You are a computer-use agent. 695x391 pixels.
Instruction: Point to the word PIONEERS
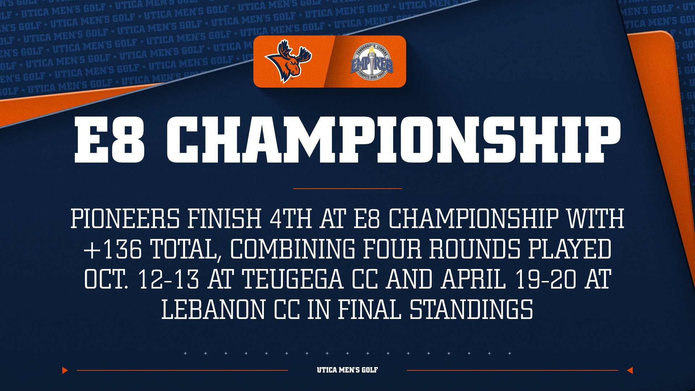pyautogui.click(x=125, y=219)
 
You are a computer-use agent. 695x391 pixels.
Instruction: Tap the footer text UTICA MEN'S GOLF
pyautogui.click(x=347, y=370)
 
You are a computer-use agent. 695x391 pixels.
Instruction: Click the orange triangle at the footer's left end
pyautogui.click(x=65, y=370)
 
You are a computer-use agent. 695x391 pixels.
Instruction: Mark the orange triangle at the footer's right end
pyautogui.click(x=630, y=370)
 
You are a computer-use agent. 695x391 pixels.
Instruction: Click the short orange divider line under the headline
pyautogui.click(x=347, y=189)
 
